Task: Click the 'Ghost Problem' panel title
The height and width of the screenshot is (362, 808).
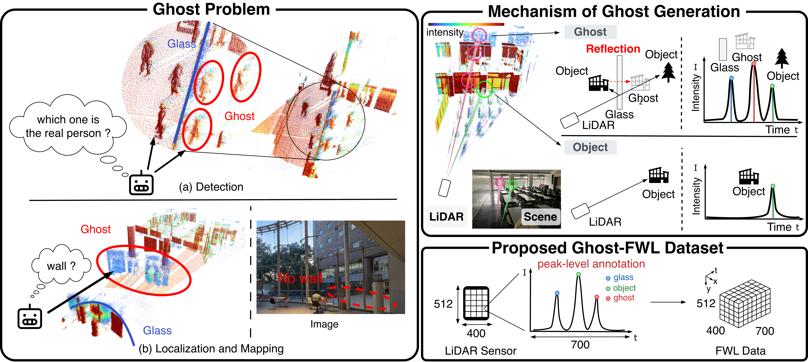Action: [x=211, y=9]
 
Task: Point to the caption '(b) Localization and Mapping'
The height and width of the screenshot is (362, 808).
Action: [x=211, y=349]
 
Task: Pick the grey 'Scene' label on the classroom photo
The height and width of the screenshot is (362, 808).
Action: [x=540, y=217]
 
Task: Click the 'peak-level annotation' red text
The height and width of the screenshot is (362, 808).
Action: [x=591, y=264]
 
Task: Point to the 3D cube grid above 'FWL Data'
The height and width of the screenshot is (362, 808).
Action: [x=745, y=307]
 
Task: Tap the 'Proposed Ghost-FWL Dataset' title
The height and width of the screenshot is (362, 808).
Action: [x=607, y=248]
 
